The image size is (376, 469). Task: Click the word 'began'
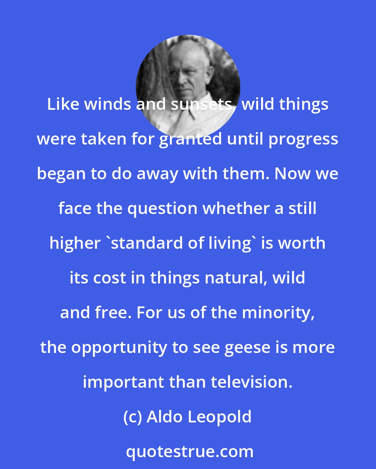pos(61,174)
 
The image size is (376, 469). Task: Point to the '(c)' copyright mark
pos(133,417)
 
